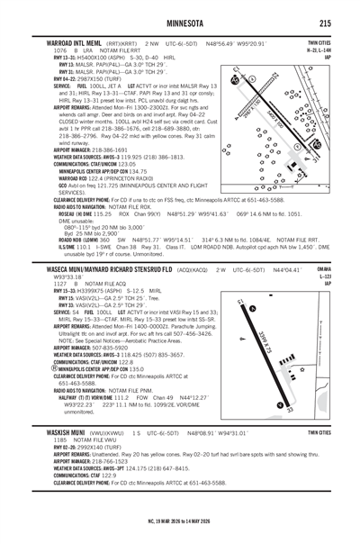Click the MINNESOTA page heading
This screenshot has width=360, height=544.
click(x=180, y=23)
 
